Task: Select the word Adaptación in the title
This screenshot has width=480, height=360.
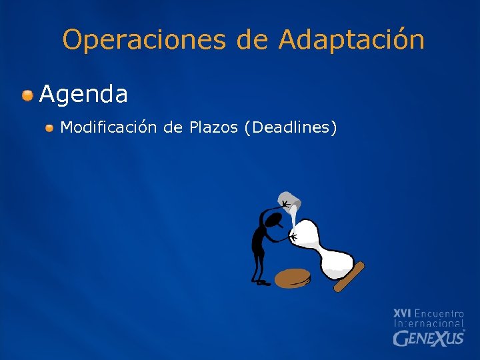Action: (351, 40)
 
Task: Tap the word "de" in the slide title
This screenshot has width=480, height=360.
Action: (252, 40)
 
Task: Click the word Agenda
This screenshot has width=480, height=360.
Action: (83, 95)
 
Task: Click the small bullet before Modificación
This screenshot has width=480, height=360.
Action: (50, 127)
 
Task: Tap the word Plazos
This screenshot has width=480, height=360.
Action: (213, 127)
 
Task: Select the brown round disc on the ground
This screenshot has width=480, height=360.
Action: (294, 277)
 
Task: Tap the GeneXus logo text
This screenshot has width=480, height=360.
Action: (429, 338)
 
